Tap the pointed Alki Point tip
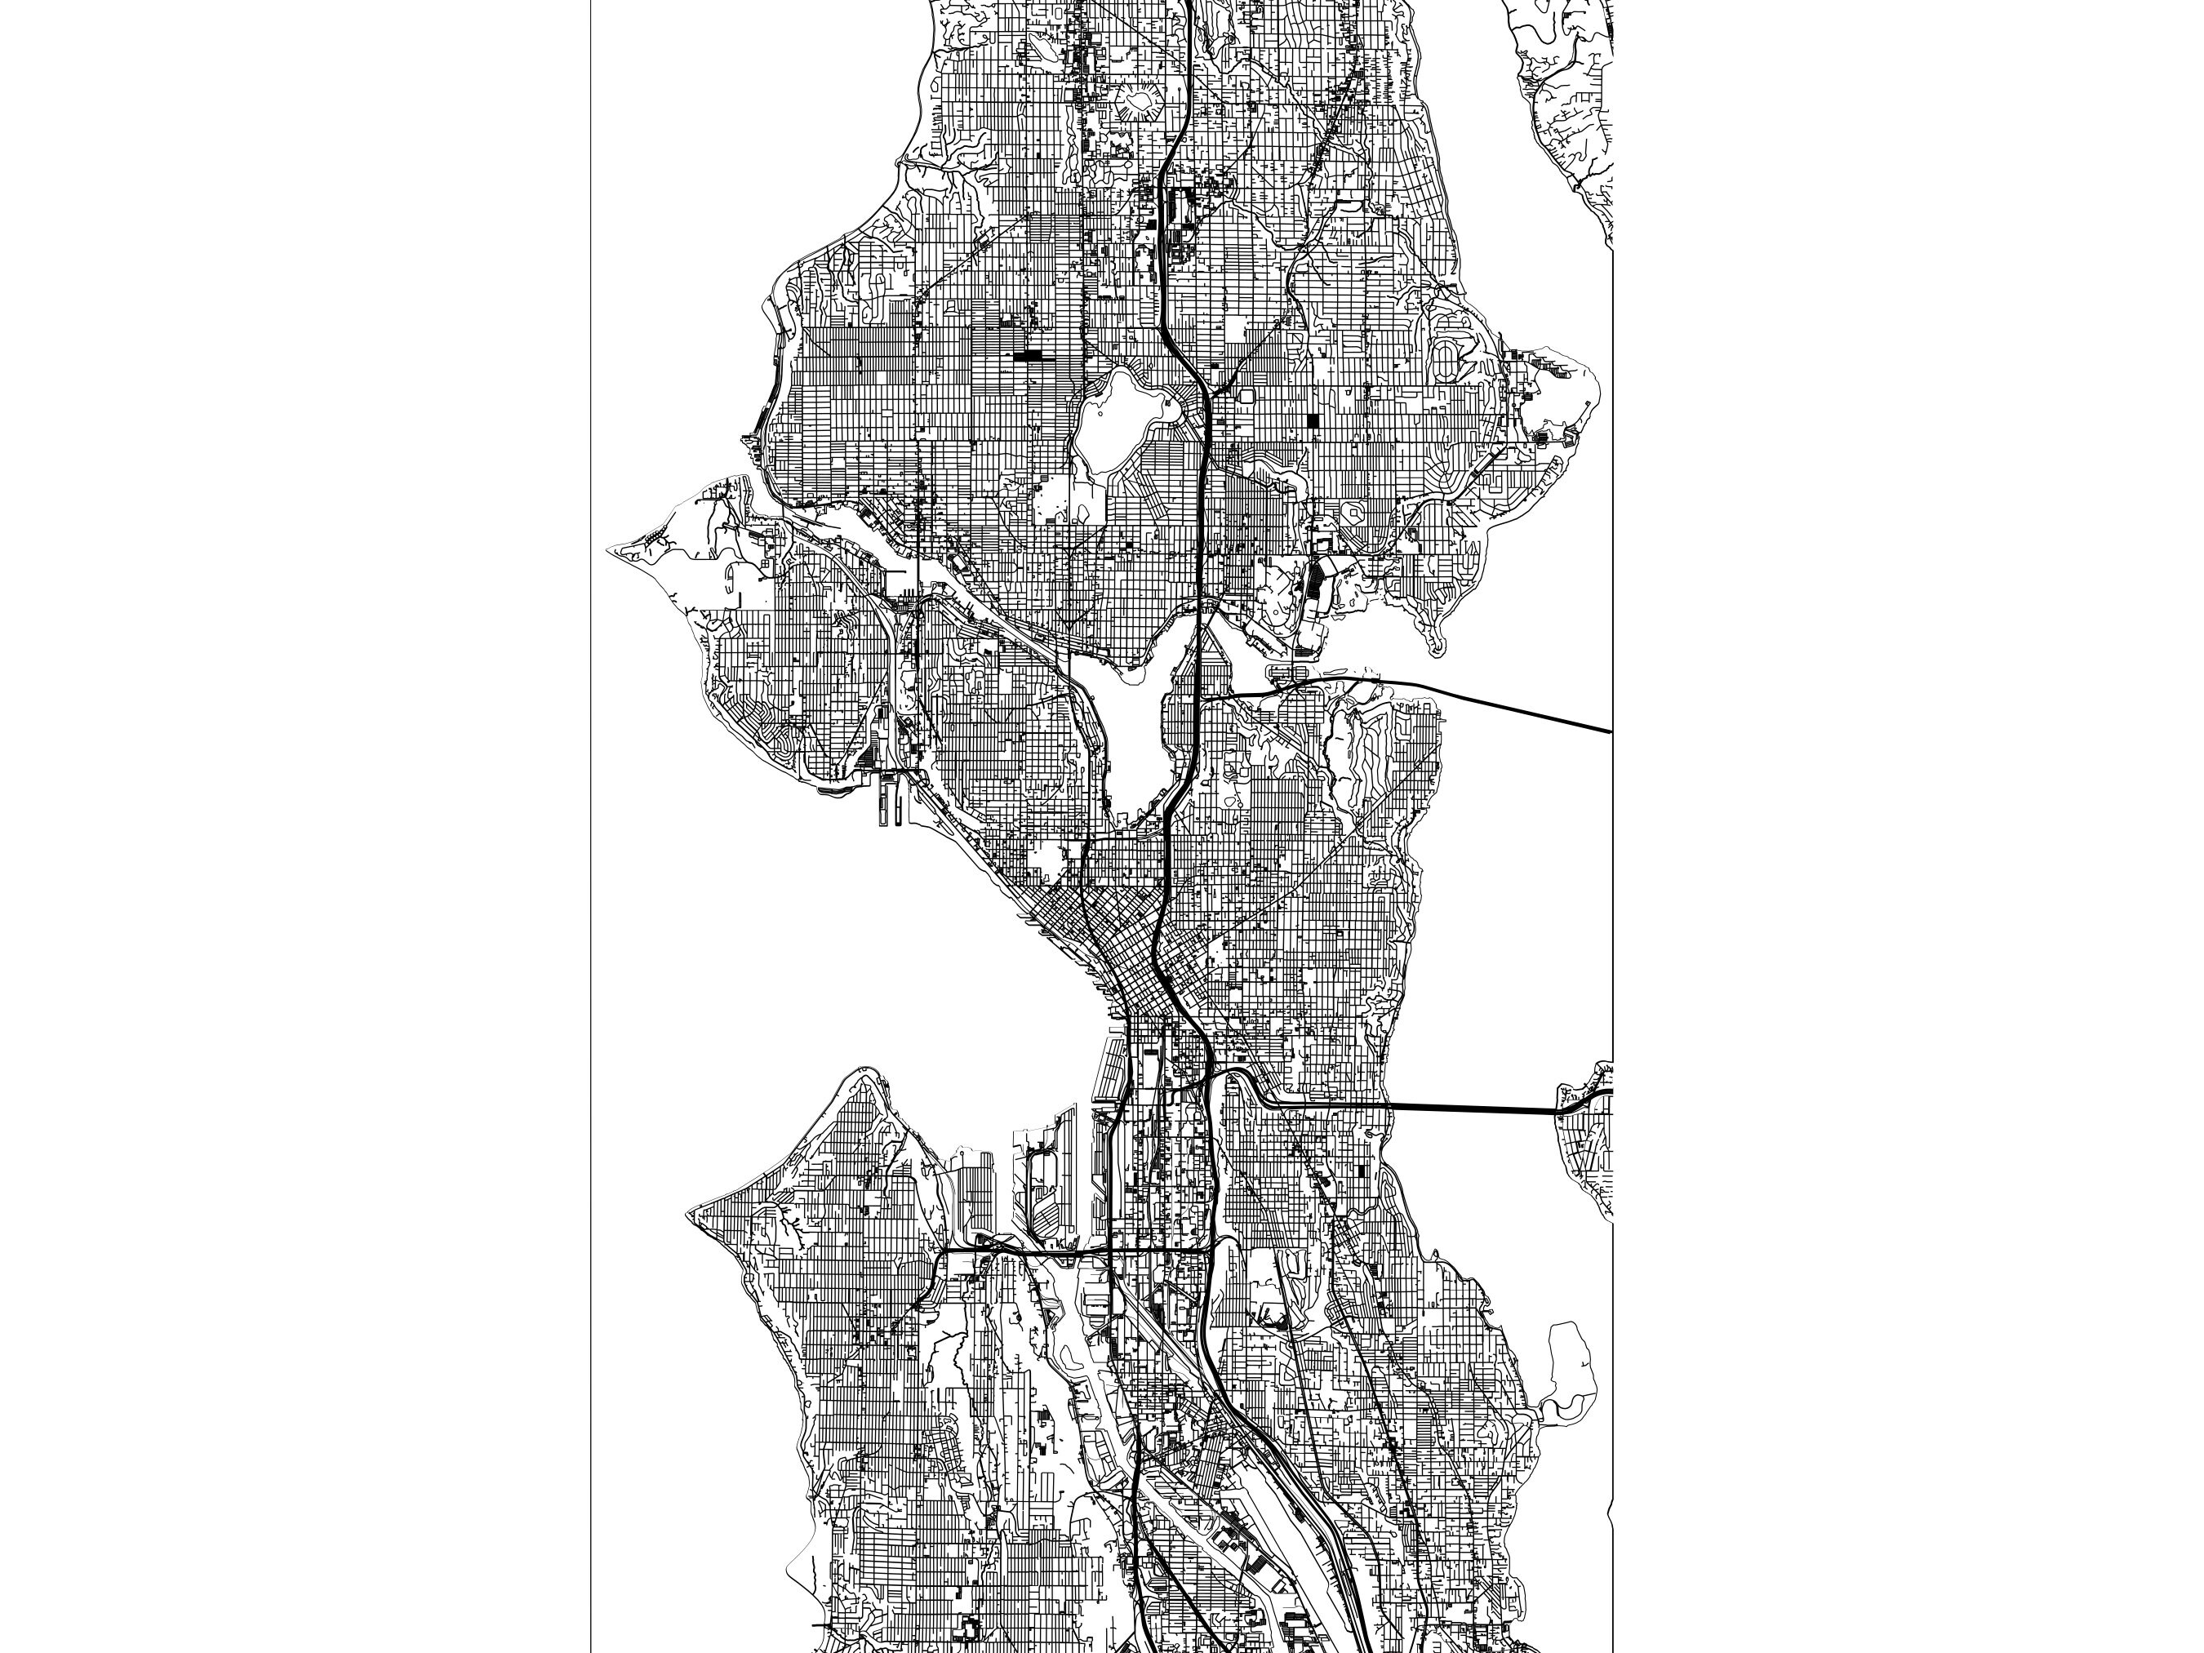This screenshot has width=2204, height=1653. click(690, 1216)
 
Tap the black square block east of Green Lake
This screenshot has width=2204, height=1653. click(1313, 421)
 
